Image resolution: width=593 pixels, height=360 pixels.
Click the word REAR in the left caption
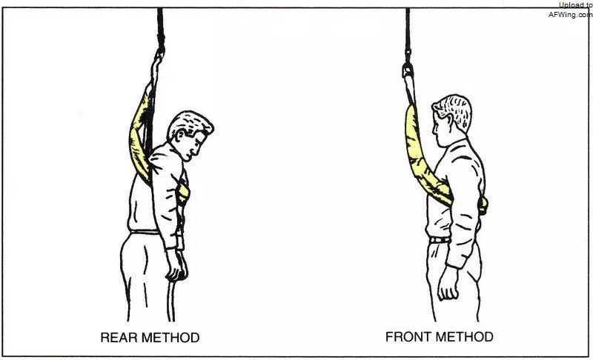(116, 337)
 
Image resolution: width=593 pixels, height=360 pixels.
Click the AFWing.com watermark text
(570, 15)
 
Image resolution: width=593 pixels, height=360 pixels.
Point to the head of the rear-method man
(191, 134)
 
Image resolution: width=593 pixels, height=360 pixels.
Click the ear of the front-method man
(450, 121)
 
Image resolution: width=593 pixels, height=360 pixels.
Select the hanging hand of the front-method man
(448, 283)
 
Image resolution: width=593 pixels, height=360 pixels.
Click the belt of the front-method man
(440, 240)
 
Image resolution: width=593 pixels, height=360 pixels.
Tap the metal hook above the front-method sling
(407, 69)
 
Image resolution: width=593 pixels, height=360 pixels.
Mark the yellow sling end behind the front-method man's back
(483, 206)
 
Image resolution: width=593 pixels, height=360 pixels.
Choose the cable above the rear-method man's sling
(160, 29)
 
